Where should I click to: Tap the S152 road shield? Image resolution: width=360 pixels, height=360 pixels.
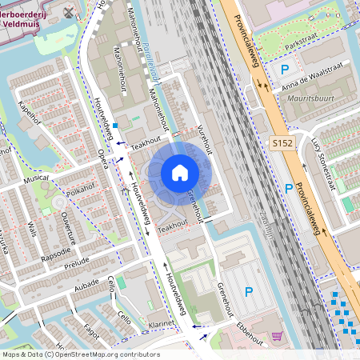[x=279, y=141]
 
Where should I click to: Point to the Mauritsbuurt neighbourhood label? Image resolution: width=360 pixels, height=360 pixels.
[x=307, y=103]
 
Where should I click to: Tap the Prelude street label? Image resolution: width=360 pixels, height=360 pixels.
[x=77, y=262]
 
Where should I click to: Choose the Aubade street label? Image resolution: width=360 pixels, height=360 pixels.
[x=86, y=284]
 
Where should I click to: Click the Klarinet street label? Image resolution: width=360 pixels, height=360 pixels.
[x=163, y=326]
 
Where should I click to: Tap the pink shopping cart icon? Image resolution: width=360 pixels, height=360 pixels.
[x=277, y=337]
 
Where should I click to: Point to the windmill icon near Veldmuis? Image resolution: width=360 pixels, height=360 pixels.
[x=69, y=12]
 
